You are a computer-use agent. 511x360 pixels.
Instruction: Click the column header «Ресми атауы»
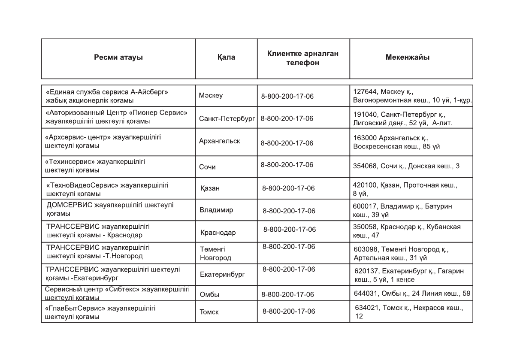click(118, 57)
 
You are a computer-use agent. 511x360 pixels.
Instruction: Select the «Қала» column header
click(226, 57)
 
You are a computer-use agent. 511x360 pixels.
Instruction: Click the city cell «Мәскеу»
click(211, 95)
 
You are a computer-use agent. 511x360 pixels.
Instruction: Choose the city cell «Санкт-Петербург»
click(227, 118)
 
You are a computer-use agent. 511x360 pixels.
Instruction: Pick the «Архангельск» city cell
click(220, 141)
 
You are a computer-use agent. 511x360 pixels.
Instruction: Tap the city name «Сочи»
click(208, 166)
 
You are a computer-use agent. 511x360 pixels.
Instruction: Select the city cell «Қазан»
click(210, 188)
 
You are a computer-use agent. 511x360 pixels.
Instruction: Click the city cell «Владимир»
click(217, 210)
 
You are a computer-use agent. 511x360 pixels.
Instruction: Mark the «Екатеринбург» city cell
click(222, 274)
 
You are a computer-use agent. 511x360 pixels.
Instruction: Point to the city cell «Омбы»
click(210, 295)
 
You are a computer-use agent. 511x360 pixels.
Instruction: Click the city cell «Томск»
click(209, 312)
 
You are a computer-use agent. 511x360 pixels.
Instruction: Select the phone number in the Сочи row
click(287, 165)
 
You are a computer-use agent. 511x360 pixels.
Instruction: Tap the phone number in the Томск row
click(289, 311)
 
